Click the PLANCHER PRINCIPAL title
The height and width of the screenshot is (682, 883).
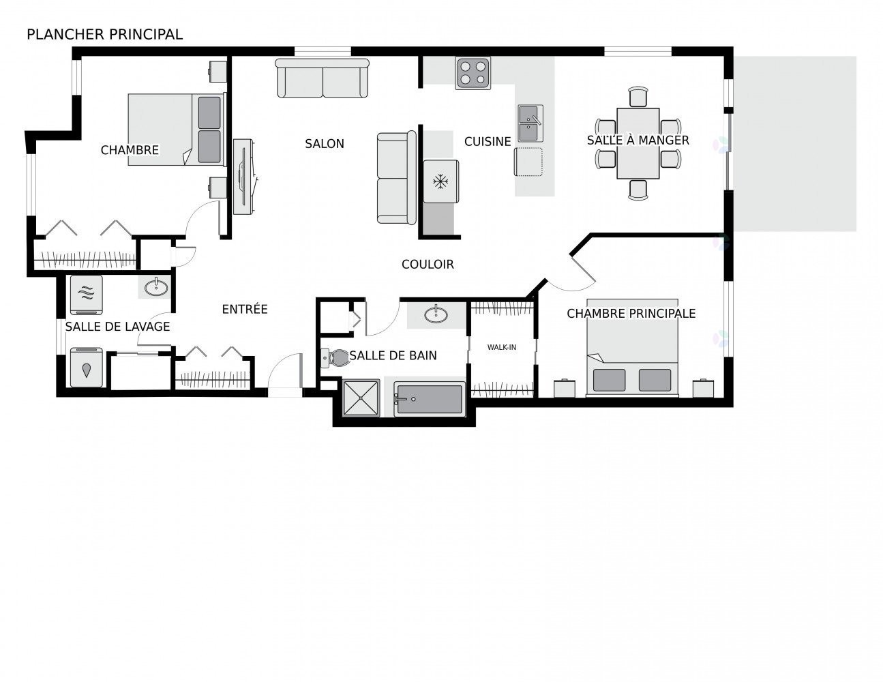click(x=104, y=34)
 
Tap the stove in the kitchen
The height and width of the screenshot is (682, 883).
click(x=473, y=73)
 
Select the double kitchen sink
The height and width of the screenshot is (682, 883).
click(x=530, y=123)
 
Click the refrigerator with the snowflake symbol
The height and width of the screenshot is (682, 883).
click(x=440, y=181)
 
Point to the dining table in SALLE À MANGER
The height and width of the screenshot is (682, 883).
click(x=638, y=143)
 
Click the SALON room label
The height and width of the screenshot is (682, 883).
click(x=325, y=143)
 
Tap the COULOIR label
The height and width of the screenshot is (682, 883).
click(x=428, y=264)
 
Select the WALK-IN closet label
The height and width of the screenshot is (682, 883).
click(x=501, y=347)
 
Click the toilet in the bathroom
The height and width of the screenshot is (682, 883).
click(x=333, y=357)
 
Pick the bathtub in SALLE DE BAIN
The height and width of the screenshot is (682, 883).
click(x=430, y=399)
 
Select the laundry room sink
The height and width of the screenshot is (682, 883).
click(x=156, y=286)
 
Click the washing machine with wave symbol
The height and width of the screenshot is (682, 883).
click(x=86, y=294)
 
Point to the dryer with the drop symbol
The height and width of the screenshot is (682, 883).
click(x=86, y=368)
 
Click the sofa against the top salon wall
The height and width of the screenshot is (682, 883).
click(x=323, y=78)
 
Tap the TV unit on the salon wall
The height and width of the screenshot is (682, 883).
click(x=243, y=177)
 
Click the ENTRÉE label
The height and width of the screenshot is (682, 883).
click(x=245, y=309)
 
